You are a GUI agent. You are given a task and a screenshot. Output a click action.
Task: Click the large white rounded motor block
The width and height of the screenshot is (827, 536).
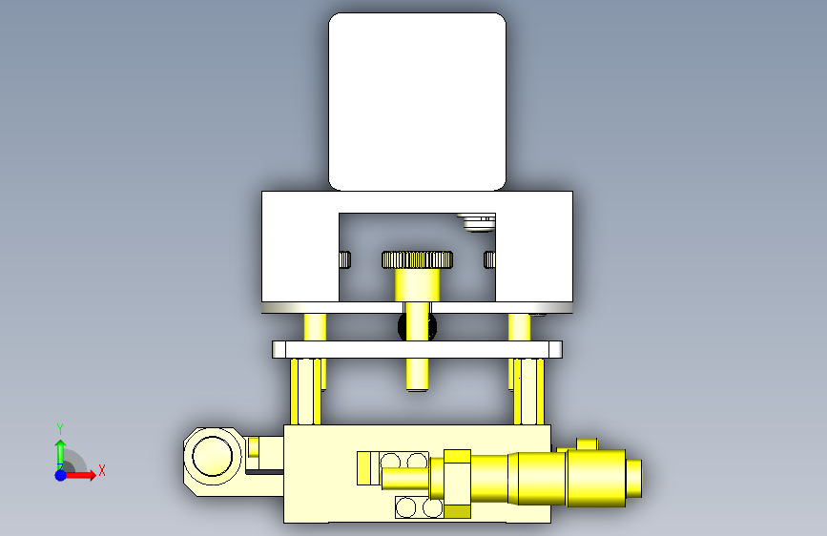click(417, 101)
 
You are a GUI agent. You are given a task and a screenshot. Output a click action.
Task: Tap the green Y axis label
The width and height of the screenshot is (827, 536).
click(60, 429)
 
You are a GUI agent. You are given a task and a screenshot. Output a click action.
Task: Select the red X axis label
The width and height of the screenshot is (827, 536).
click(102, 470)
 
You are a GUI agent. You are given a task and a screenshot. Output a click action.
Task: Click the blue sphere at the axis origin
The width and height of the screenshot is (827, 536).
click(61, 475)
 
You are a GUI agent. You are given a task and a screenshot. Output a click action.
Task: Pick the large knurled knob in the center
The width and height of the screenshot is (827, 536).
click(417, 259)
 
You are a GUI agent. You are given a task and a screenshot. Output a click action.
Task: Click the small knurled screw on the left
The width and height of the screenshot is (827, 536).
click(345, 259)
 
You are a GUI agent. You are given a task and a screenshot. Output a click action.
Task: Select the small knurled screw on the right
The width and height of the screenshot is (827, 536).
click(489, 259)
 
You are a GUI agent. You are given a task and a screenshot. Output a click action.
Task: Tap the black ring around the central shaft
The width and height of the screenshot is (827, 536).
click(417, 326)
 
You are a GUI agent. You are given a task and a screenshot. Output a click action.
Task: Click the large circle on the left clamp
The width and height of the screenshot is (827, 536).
click(213, 456)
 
